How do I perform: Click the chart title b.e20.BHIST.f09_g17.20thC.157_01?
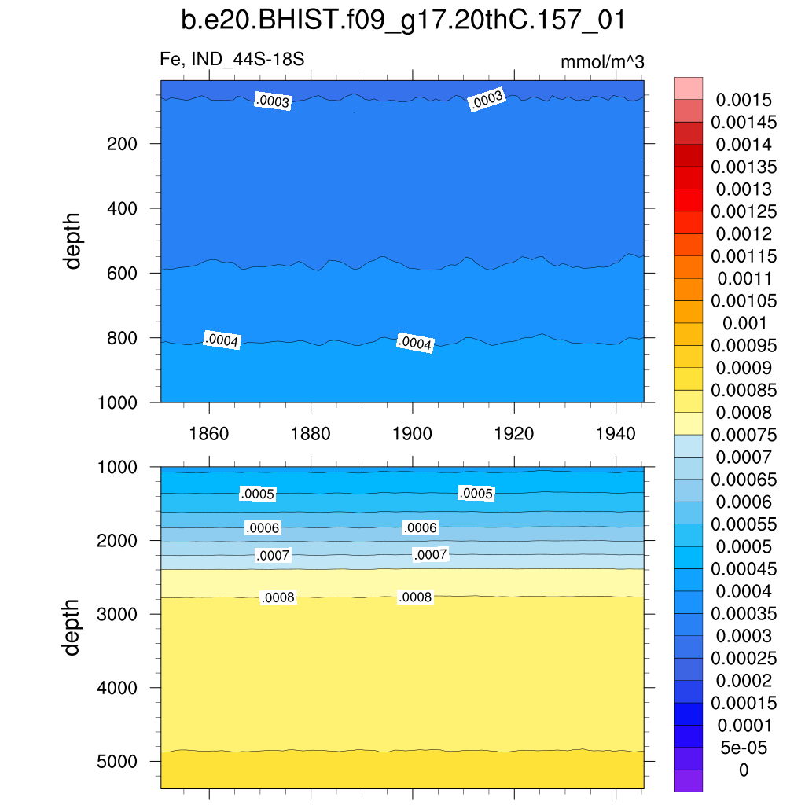pos(402,20)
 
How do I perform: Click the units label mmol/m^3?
pos(602,61)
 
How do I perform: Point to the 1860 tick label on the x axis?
pos(209,433)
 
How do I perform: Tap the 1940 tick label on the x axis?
pos(616,433)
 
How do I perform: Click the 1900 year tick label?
pos(413,433)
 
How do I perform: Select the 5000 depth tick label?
pos(119,762)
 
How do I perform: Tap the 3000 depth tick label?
pos(119,614)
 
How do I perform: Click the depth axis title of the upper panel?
pos(73,241)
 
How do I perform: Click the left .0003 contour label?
pos(273,101)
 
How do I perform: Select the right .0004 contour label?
pos(415,344)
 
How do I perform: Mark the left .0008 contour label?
pos(278,598)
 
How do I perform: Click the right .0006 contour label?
pos(420,527)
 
